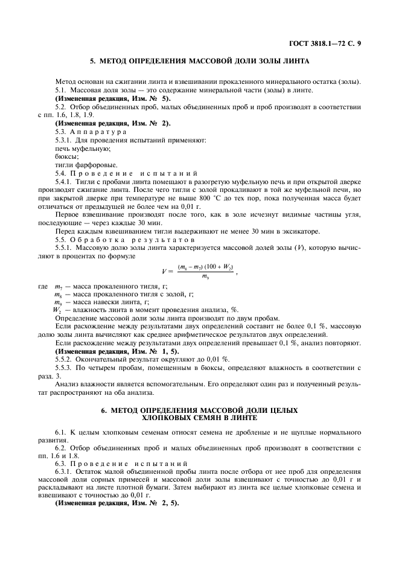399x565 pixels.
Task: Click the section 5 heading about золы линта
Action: (199, 61)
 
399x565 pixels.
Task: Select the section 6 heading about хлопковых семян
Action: (199, 413)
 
